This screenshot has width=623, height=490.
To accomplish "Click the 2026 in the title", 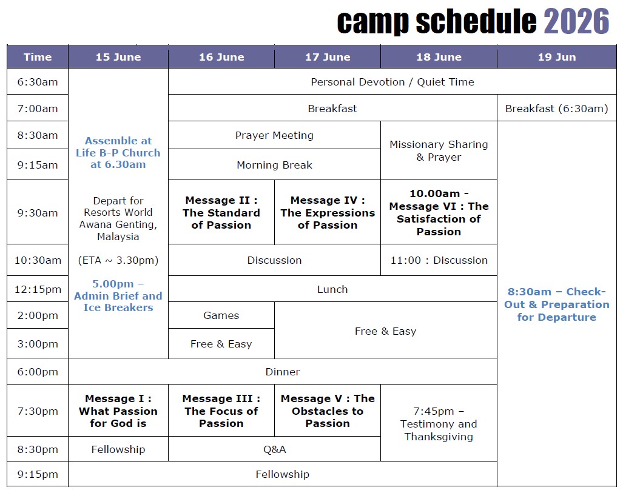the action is pyautogui.click(x=576, y=21).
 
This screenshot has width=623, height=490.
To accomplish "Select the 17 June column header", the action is pyautogui.click(x=328, y=57).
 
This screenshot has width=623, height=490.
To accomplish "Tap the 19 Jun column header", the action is pyautogui.click(x=557, y=57).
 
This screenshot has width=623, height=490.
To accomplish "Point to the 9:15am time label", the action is pyautogui.click(x=38, y=165).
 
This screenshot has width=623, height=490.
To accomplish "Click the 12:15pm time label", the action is pyautogui.click(x=38, y=289).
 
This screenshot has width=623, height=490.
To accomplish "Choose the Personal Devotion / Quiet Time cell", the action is pyautogui.click(x=392, y=82).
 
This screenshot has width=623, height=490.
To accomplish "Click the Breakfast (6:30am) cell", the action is pyautogui.click(x=557, y=109).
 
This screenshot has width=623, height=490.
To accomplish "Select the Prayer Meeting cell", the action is pyautogui.click(x=274, y=135).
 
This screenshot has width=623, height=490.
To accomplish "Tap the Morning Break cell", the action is pyautogui.click(x=274, y=165).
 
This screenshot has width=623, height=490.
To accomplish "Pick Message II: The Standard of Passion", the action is pyautogui.click(x=221, y=212).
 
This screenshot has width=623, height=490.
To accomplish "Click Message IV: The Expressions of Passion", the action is pyautogui.click(x=328, y=212).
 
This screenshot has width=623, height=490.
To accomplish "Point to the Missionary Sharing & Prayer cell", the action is pyautogui.click(x=439, y=150).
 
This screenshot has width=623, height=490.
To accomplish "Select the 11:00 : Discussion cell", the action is pyautogui.click(x=439, y=260).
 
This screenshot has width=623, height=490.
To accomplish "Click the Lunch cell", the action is pyautogui.click(x=332, y=289).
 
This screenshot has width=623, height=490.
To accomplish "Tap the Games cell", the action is pyautogui.click(x=221, y=315).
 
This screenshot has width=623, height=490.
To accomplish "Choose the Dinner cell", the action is pyautogui.click(x=283, y=372).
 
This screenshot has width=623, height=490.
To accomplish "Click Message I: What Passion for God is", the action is pyautogui.click(x=118, y=411).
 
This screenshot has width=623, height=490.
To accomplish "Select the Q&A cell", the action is pyautogui.click(x=274, y=449).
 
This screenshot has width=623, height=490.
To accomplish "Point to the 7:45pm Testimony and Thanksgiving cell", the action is pyautogui.click(x=439, y=424).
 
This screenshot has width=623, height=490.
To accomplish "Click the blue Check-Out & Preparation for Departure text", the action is pyautogui.click(x=557, y=304).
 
